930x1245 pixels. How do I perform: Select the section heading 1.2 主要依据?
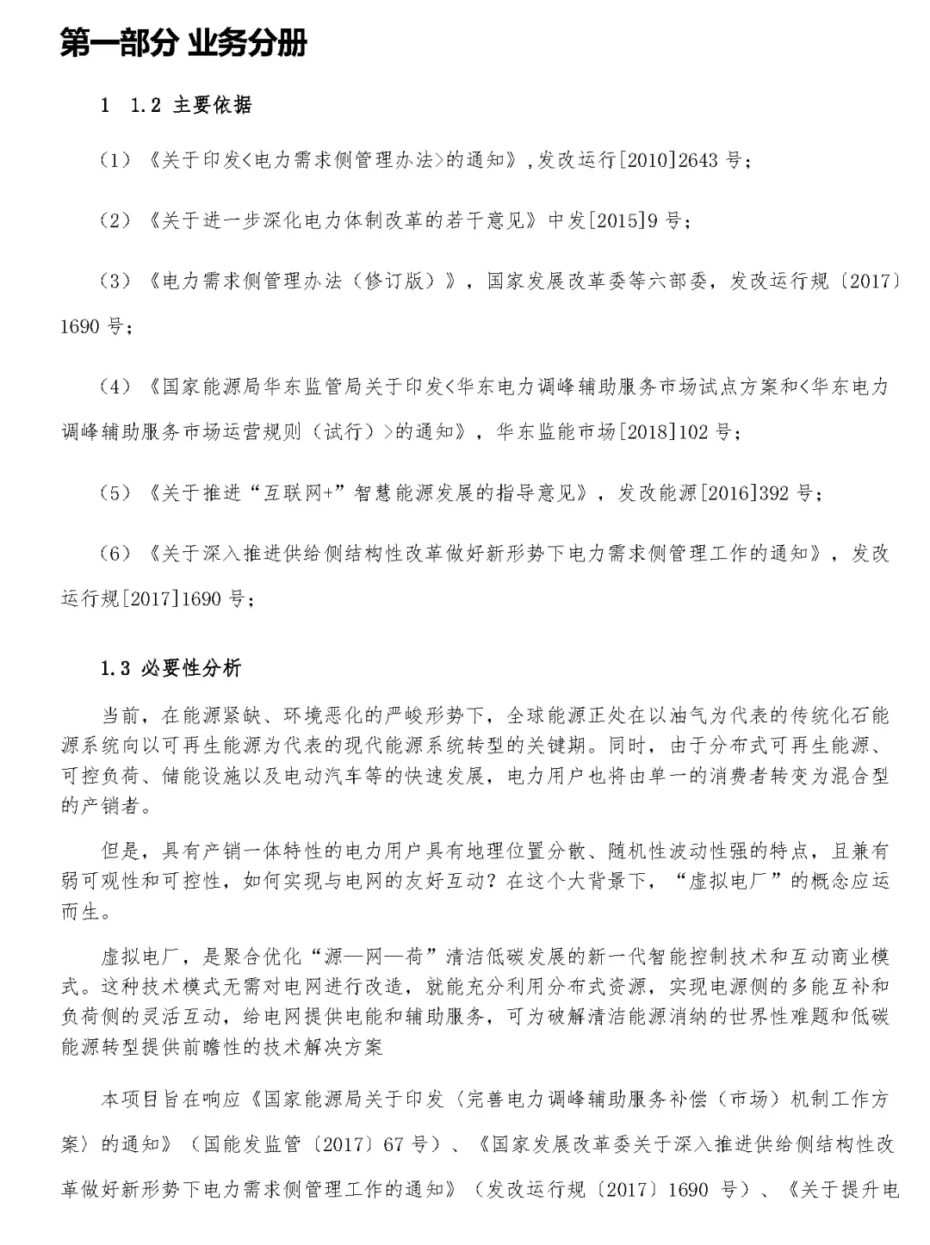pos(190,105)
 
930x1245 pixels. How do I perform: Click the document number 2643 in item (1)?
pos(697,160)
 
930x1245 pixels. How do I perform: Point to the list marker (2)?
pos(115,220)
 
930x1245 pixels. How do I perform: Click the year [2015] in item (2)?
pos(617,220)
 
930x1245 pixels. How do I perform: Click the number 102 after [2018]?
pos(693,431)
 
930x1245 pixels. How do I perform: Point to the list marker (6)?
pos(115,553)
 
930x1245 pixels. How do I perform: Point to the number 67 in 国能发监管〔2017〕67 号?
pos(393,1144)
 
